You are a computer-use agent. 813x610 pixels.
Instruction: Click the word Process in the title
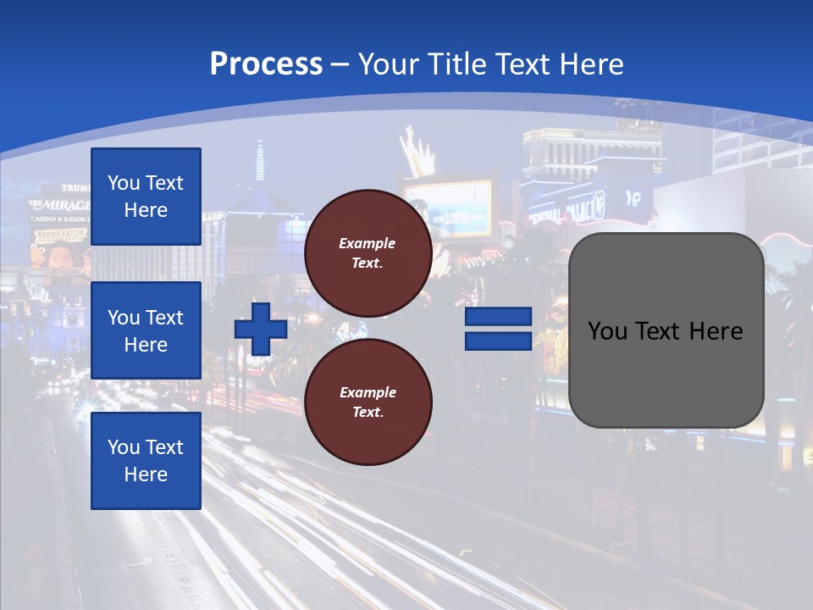tap(266, 64)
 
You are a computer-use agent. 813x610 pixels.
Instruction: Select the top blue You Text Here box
tap(146, 197)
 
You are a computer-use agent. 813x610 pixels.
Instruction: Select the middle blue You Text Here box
tap(146, 330)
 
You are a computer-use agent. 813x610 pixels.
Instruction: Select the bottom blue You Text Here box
tap(146, 460)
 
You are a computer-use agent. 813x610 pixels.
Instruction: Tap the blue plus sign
tap(261, 329)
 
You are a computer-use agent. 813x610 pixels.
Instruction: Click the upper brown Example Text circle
tap(368, 253)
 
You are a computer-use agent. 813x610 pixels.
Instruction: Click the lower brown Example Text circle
tap(368, 402)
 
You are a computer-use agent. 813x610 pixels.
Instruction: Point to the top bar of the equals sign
tap(498, 316)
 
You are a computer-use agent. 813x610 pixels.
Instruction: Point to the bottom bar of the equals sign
tap(498, 341)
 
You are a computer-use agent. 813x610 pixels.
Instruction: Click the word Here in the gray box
tap(716, 331)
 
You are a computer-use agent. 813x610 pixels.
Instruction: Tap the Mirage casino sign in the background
tap(59, 206)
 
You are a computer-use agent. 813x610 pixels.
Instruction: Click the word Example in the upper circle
tap(368, 243)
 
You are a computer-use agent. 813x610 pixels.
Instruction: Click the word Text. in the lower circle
tap(368, 413)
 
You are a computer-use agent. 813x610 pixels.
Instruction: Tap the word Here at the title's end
tap(593, 64)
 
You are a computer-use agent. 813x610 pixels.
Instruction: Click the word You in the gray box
tap(607, 331)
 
